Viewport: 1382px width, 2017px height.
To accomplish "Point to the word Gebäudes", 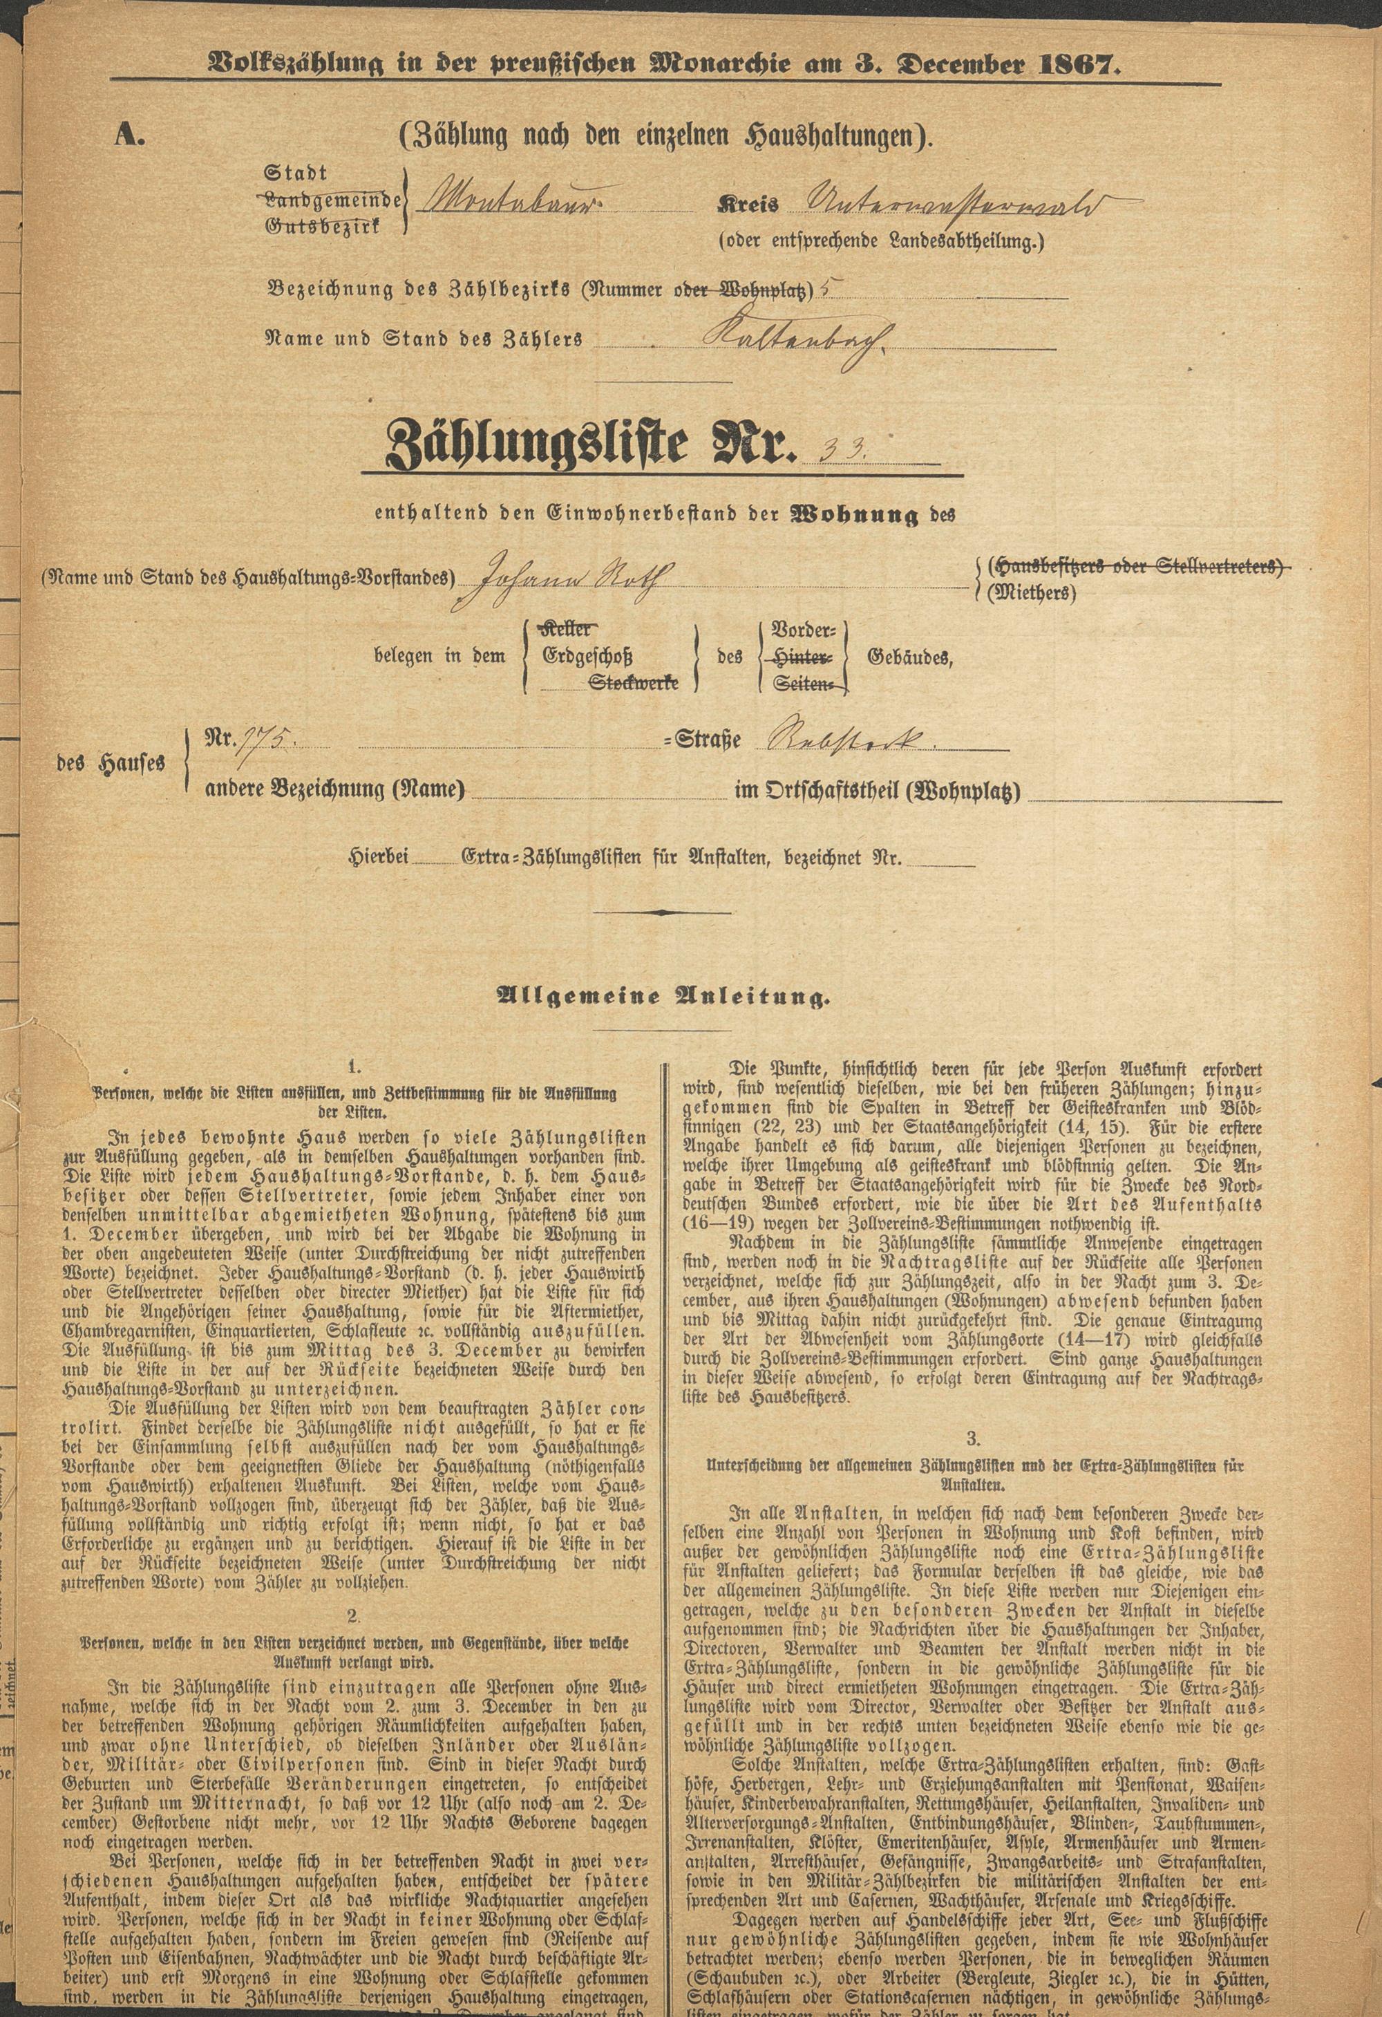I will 909,657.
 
